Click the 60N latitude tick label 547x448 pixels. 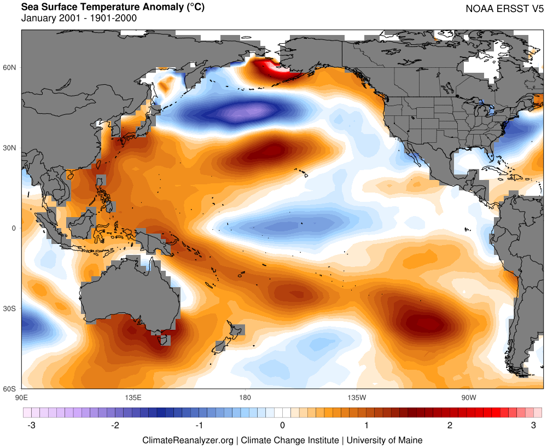(x=11, y=67)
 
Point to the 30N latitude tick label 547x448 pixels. (x=11, y=148)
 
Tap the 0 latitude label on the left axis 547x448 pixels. (x=15, y=228)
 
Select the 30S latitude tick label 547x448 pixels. (x=11, y=309)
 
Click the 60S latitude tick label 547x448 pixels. (x=11, y=389)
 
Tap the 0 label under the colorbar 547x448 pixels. (x=282, y=425)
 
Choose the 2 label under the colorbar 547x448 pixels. (x=450, y=425)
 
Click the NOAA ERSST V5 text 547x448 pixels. (x=504, y=9)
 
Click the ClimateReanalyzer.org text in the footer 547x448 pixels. (x=188, y=440)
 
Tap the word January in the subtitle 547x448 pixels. (x=38, y=18)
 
